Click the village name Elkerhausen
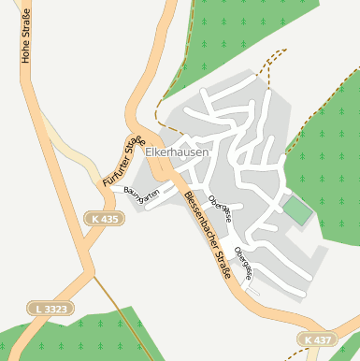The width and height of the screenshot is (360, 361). pyautogui.click(x=177, y=152)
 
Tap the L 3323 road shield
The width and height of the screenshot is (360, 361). pyautogui.click(x=47, y=308)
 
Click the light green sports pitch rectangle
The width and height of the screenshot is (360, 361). pyautogui.click(x=296, y=209)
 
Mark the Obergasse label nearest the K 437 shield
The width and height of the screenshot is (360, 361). pyautogui.click(x=244, y=263)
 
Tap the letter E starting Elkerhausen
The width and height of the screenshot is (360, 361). pyautogui.click(x=149, y=152)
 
